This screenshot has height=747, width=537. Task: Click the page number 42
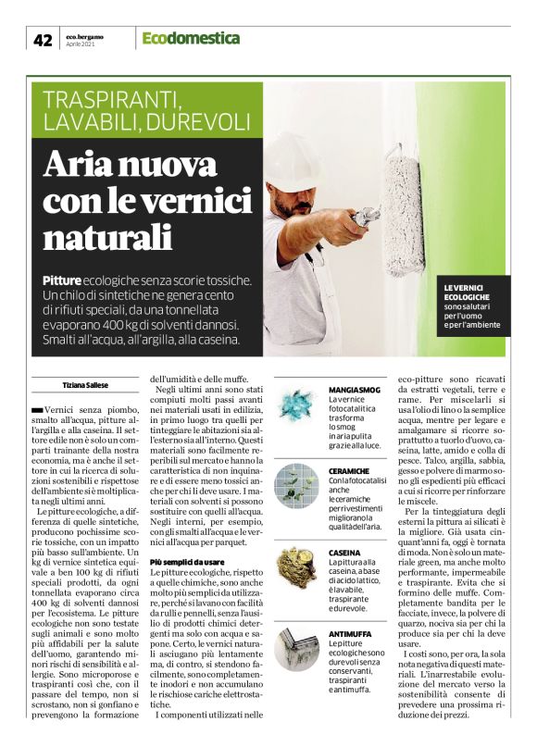pos(43,40)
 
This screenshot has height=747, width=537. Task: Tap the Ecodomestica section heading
pos(191,38)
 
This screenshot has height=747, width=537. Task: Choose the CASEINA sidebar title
pos(348,553)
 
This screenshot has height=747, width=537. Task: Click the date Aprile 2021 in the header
pos(81,44)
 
